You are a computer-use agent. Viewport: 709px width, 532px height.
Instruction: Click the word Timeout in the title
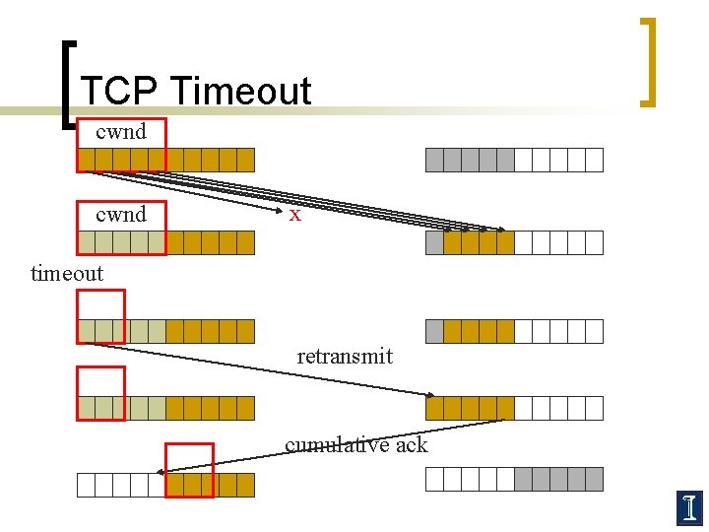(x=240, y=91)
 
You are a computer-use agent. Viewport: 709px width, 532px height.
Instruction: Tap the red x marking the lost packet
(x=294, y=214)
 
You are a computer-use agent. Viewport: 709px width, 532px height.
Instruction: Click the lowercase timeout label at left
(x=66, y=273)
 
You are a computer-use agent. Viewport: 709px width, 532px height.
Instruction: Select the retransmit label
(x=345, y=356)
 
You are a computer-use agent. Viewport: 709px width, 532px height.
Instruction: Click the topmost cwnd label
(x=121, y=131)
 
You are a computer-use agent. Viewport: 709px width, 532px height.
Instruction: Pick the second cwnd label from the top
(x=121, y=214)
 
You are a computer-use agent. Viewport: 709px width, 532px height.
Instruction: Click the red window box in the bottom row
(x=189, y=469)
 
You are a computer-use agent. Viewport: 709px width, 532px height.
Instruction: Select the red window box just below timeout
(x=101, y=316)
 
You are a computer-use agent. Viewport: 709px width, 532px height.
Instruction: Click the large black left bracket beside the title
(x=66, y=84)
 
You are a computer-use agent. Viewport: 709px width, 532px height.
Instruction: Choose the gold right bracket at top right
(x=648, y=61)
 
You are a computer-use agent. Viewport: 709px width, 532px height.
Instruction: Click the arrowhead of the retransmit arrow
(x=430, y=394)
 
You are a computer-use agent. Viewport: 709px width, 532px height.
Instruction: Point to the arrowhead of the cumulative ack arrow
(x=161, y=473)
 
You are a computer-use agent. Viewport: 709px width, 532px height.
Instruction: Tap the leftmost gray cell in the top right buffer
(x=434, y=160)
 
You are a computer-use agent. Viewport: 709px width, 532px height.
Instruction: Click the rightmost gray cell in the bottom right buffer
(x=593, y=480)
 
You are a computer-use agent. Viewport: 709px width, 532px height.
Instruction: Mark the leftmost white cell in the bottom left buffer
(x=87, y=485)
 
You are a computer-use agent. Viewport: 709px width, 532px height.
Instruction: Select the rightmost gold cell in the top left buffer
(x=245, y=160)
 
